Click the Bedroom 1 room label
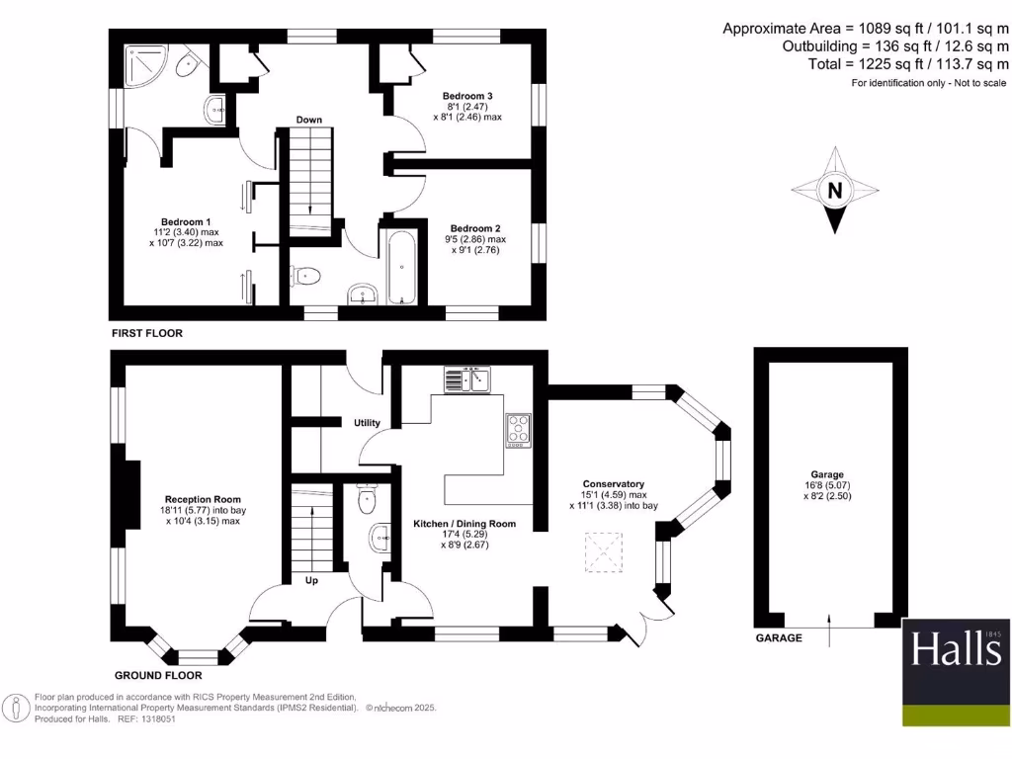pos(187,221)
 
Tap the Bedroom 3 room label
pos(467,96)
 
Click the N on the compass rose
pos(835,192)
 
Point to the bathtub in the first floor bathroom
pos(402,267)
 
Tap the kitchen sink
pos(467,379)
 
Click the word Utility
pos(367,423)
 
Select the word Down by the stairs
pos(308,120)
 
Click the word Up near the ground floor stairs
pos(311,580)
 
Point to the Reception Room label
pos(203,499)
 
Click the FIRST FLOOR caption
pos(146,334)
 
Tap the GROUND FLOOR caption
pos(158,676)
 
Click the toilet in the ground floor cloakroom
pos(368,498)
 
